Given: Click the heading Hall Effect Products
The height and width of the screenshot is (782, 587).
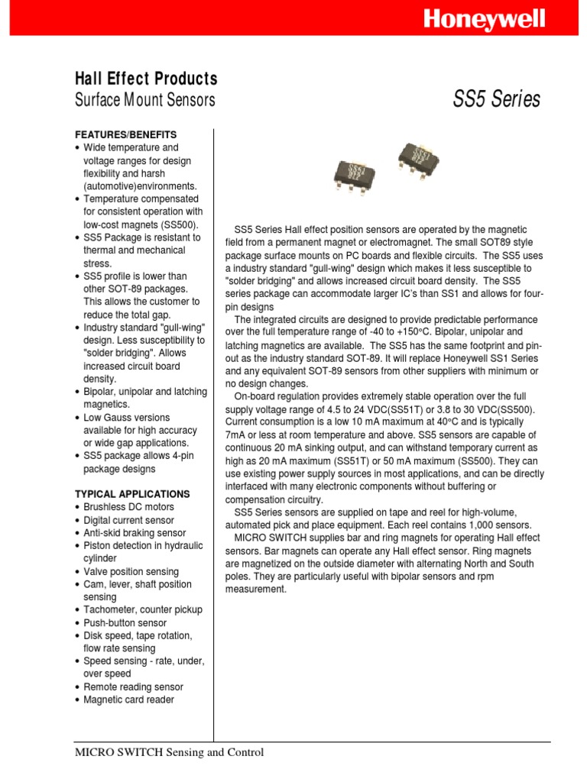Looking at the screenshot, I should click(x=145, y=79).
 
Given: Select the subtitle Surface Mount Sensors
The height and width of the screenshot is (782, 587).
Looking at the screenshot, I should click(x=144, y=100).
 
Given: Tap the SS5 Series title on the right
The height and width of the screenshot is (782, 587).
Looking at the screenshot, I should click(x=497, y=100).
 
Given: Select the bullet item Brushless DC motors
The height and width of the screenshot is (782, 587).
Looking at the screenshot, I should click(x=128, y=507).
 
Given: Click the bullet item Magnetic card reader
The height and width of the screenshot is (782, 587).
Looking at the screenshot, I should click(x=128, y=700).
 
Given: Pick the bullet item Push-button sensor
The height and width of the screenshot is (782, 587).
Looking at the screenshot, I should click(x=125, y=623).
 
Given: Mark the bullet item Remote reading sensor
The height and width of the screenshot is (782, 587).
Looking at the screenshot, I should click(x=133, y=687).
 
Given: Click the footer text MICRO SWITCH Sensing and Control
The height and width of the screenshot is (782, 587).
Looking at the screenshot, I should click(x=169, y=752).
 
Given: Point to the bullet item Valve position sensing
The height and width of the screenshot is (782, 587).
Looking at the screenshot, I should click(x=131, y=571).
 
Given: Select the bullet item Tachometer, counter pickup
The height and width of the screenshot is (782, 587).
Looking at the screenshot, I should click(x=143, y=609).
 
